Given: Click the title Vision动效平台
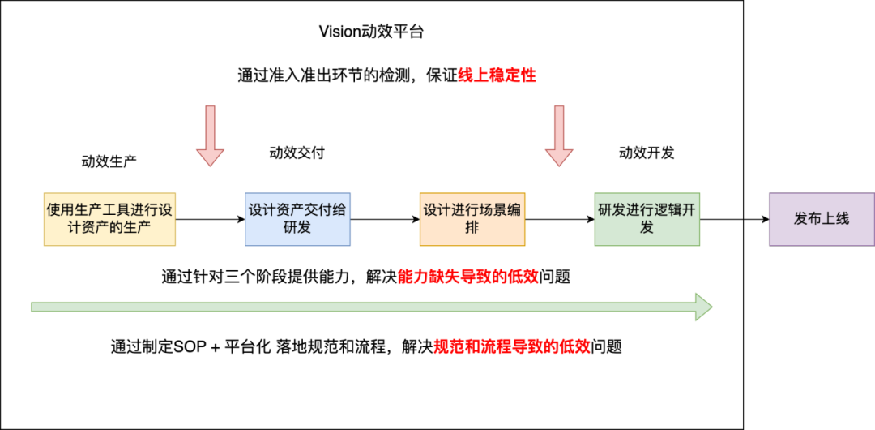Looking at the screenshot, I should (372, 32).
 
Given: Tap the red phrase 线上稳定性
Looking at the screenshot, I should (497, 75).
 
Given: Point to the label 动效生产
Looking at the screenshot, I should (109, 161).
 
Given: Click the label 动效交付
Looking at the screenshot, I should (297, 153).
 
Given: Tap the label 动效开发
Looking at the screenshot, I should (647, 153).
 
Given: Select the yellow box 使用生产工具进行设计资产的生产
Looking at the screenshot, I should (109, 219).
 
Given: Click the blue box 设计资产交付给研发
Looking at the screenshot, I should (297, 219).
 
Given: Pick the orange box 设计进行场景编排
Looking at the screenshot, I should (472, 219).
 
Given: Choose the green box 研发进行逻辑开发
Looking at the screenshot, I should (647, 219).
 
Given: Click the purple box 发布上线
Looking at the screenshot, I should (821, 219).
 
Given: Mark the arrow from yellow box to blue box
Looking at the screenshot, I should (210, 219).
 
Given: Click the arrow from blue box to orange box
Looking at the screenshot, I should (385, 219).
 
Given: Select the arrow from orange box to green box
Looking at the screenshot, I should (559, 219).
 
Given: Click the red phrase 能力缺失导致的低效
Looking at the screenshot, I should (468, 277).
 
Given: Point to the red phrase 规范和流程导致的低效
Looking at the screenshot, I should (513, 346).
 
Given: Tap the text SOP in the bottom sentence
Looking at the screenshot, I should (190, 346).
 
